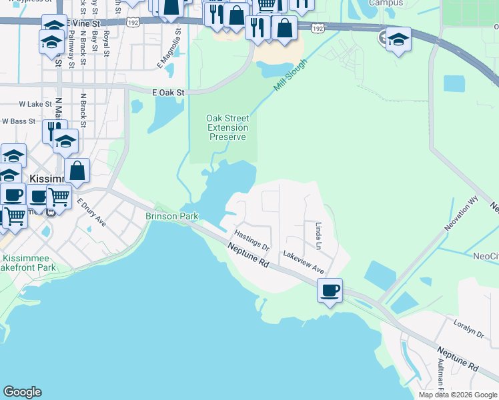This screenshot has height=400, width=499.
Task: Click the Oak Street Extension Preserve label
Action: pyautogui.click(x=228, y=127)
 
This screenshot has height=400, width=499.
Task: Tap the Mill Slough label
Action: pyautogui.click(x=290, y=75)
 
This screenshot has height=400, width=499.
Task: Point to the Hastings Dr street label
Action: pyautogui.click(x=252, y=240)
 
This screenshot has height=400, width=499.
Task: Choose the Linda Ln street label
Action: pyautogui.click(x=318, y=236)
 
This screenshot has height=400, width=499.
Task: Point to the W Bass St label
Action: pyautogui.click(x=19, y=121)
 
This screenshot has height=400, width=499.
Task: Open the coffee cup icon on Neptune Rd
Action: pyautogui.click(x=330, y=291)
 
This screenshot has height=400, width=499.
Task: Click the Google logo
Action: pyautogui.click(x=22, y=392)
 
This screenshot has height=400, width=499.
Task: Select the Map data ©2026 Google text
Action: pyautogui.click(x=457, y=395)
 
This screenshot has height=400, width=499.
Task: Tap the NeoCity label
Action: pyautogui.click(x=485, y=256)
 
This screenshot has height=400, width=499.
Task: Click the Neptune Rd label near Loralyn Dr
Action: pyautogui.click(x=458, y=359)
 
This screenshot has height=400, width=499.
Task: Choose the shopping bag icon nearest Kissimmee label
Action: pyautogui.click(x=77, y=171)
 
